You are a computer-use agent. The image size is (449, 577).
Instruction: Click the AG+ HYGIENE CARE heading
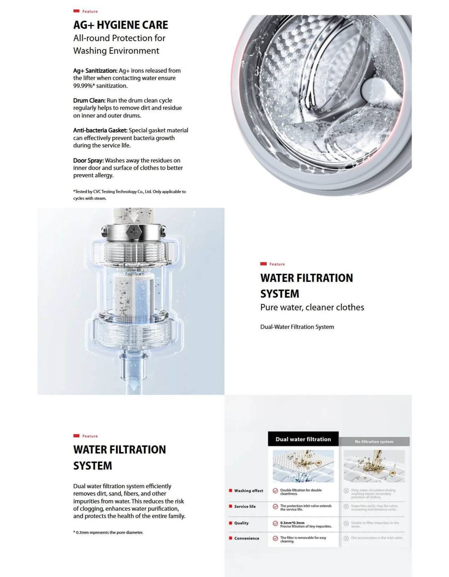pos(121,25)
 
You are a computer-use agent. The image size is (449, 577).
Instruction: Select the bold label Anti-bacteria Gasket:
pos(100,130)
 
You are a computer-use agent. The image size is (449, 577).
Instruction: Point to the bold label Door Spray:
pos(88,161)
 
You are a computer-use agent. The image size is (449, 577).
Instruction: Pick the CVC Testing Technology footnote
pos(129,195)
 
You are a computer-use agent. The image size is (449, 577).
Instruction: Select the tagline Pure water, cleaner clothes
pos(312,308)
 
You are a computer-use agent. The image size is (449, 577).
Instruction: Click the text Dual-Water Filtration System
pos(297,327)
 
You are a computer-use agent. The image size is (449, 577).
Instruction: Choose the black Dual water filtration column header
pos(303,439)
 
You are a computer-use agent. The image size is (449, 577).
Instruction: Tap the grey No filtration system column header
pos(374,442)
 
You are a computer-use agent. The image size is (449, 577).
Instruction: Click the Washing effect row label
pos(248,491)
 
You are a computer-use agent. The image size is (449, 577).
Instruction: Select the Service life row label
pos(245,507)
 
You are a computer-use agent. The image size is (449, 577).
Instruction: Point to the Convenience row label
pos(247,539)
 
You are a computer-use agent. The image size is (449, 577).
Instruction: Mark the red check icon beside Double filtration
pos(275,491)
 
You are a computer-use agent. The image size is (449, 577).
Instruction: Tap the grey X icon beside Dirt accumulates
pos(346,539)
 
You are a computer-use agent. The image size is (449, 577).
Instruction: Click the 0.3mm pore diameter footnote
pos(108,533)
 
